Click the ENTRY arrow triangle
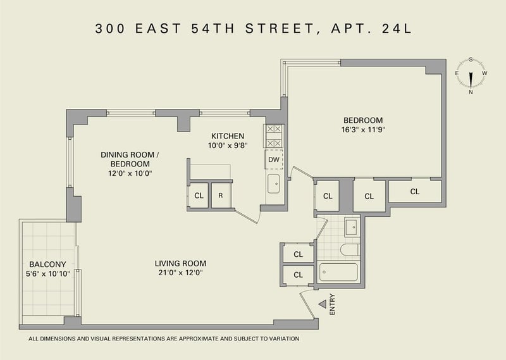[323, 304]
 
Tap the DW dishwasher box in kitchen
[274, 159]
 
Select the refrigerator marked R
[221, 196]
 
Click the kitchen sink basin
[274, 183]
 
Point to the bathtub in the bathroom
[338, 273]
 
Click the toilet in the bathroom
[350, 249]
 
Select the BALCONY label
[47, 264]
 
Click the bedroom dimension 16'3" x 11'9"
[363, 130]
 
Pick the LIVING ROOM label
[180, 263]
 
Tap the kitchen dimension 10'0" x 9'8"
[228, 146]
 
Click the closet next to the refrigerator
[199, 196]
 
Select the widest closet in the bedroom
[415, 192]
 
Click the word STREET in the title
[280, 28]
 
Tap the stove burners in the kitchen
[274, 136]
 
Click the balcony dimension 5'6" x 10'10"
[48, 274]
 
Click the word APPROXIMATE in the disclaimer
[200, 338]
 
